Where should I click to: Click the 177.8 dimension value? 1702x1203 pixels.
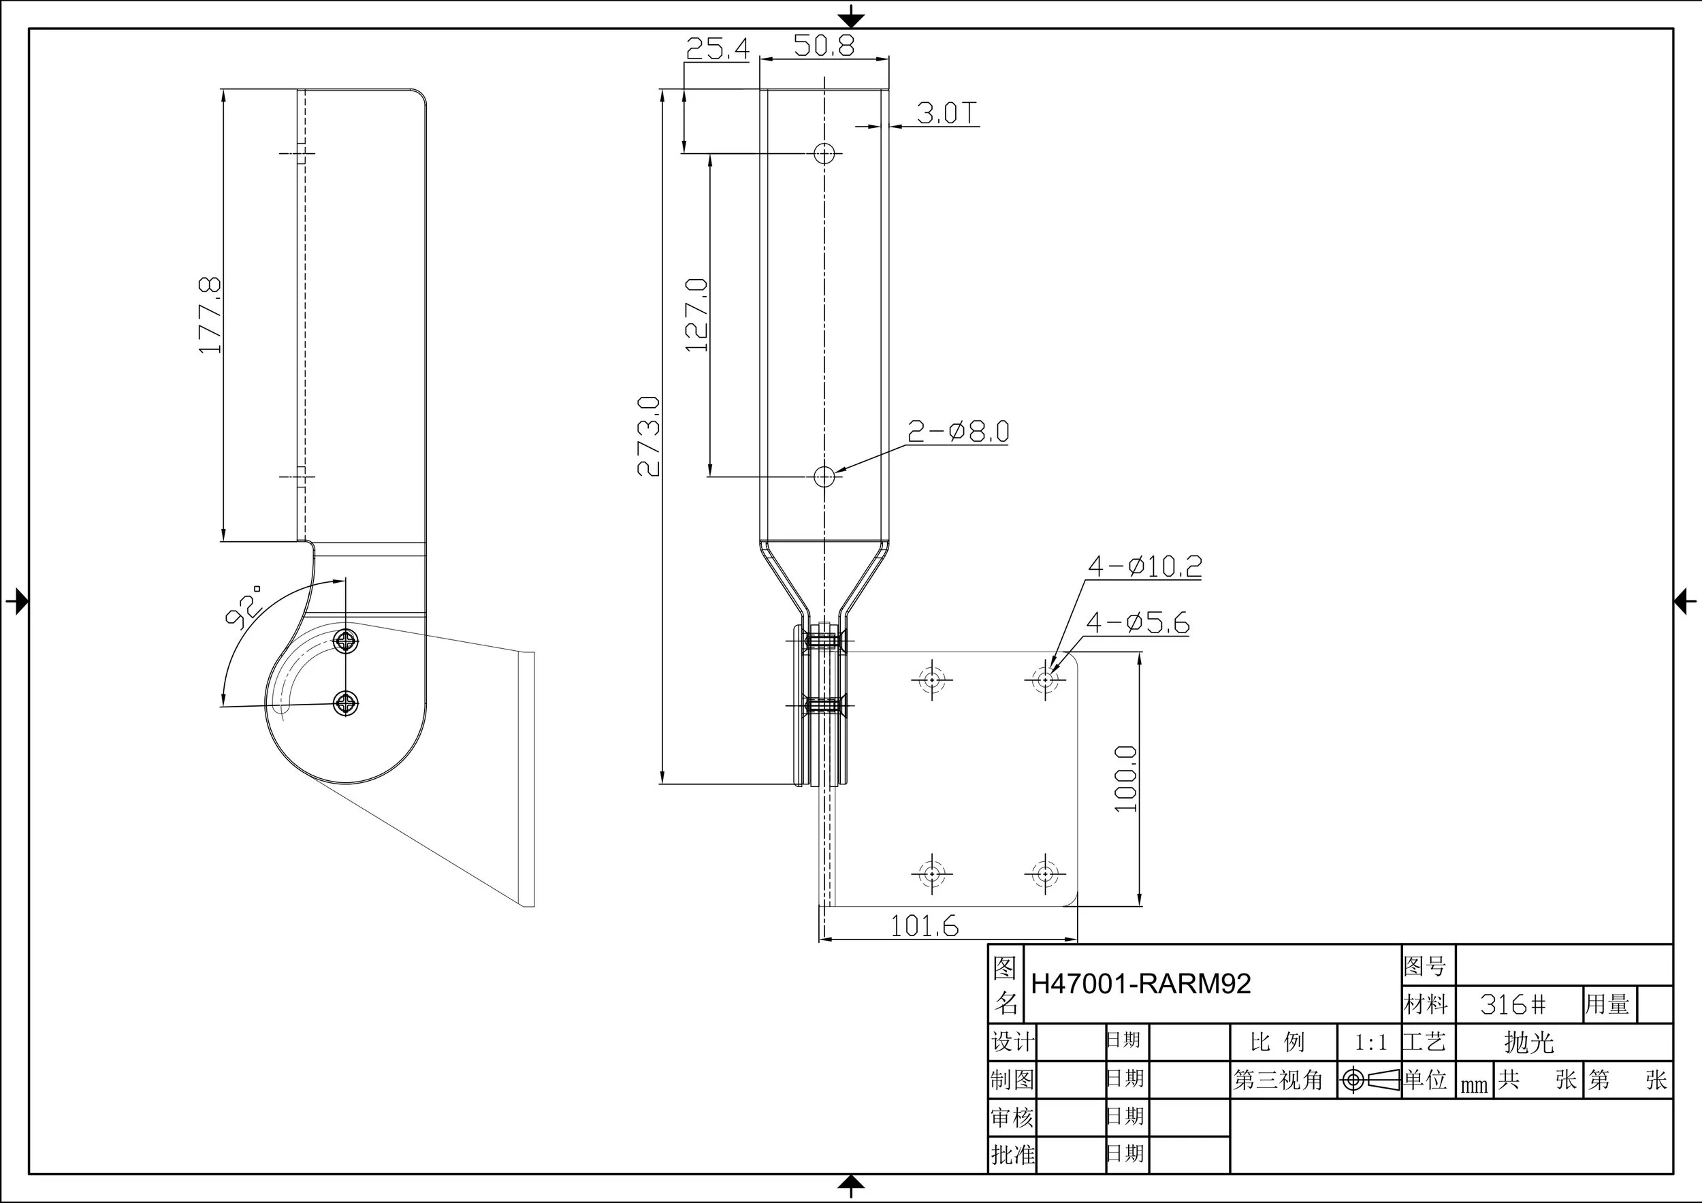[210, 315]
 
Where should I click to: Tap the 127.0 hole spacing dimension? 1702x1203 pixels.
[698, 315]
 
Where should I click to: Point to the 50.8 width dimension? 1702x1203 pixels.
[824, 46]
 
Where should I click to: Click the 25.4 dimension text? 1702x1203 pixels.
[717, 49]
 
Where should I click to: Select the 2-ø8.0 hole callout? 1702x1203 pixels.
[959, 432]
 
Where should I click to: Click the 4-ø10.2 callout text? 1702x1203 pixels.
[1144, 566]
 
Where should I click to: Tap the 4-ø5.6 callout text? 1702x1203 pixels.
[1137, 623]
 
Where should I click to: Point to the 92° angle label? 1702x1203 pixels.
[244, 607]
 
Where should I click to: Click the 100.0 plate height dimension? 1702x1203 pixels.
[1126, 779]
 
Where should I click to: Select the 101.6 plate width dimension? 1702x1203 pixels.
[924, 926]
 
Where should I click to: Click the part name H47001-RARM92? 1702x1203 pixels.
[1140, 984]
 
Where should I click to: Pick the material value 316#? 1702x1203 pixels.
[1513, 1004]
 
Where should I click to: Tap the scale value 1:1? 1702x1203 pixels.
[1370, 1043]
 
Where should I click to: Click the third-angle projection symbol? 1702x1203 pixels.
[1368, 1080]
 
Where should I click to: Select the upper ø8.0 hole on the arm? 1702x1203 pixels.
[824, 153]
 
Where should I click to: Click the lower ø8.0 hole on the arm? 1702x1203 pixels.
[824, 477]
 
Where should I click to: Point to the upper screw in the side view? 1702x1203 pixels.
[346, 641]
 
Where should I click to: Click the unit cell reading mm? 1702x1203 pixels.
[1474, 1086]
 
